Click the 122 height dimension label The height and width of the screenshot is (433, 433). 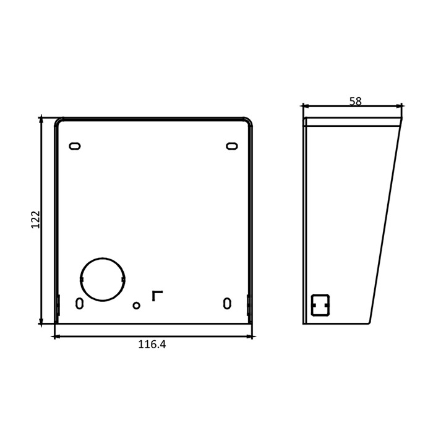[36, 220]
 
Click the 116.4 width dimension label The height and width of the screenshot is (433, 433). [152, 345]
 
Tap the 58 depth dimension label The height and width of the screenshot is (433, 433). [356, 101]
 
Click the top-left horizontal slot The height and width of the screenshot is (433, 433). [75, 146]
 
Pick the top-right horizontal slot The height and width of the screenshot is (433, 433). [232, 146]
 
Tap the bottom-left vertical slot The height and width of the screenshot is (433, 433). [79, 303]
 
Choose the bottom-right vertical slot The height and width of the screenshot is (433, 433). [227, 303]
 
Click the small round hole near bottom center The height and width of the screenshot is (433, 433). [137, 306]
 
